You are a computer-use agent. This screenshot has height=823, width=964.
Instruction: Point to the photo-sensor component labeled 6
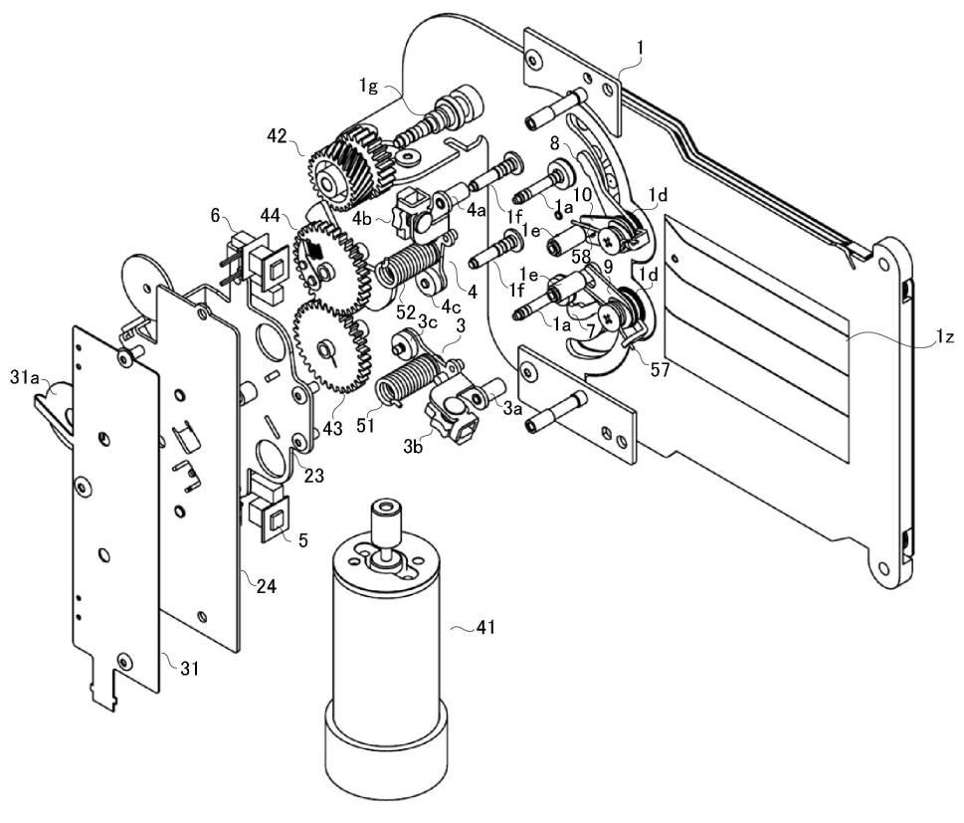point(262,261)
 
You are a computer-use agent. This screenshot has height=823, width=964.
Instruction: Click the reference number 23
point(314,476)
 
